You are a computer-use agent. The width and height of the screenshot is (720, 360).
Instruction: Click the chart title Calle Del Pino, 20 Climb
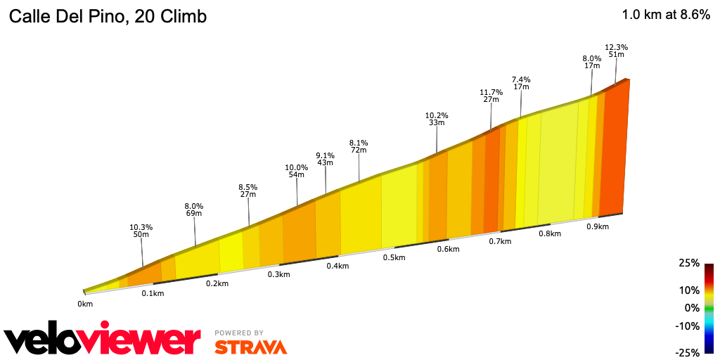pos(107,16)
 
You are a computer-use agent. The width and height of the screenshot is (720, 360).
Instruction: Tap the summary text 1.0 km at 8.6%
pos(665,15)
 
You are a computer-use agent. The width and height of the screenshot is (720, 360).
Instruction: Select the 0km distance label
pos(85,304)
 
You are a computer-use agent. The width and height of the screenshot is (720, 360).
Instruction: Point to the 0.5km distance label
pos(394,257)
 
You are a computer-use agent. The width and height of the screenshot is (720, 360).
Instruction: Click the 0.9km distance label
pos(598,226)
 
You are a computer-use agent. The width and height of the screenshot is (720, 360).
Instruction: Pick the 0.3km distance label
pos(279,274)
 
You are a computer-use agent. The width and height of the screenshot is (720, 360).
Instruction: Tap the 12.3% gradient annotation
pos(617,47)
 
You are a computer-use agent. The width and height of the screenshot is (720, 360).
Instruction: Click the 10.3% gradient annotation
pos(141,227)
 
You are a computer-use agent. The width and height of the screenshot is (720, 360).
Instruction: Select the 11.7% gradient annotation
pos(491,92)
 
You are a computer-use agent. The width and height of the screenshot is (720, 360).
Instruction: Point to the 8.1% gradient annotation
pos(359,142)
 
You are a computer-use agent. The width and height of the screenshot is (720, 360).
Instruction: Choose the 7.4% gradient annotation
pos(521,79)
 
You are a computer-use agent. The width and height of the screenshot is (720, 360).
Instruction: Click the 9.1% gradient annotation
pos(325,155)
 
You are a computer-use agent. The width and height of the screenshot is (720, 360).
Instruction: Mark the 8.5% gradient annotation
pos(248,187)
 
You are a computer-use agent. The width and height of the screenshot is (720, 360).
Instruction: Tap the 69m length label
pos(194,214)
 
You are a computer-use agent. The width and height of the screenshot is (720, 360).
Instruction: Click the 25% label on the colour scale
pos(689,263)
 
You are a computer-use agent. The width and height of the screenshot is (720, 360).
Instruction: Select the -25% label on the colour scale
pos(688,352)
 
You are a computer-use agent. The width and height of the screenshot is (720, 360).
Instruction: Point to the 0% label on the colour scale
pos(692,307)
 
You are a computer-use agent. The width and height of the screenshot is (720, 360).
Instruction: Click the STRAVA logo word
pos(251,347)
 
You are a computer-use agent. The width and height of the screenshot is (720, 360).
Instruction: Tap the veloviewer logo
pos(103,340)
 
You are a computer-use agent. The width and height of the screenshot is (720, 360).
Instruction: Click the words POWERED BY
pos(240,333)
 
